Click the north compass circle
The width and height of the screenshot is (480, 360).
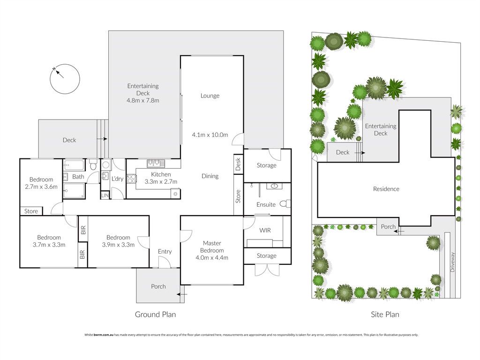[65, 64]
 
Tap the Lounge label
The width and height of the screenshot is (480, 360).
[210, 96]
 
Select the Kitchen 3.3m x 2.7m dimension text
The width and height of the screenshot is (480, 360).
[161, 181]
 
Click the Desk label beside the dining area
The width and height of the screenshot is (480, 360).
[238, 164]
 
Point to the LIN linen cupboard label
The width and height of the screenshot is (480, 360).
[105, 195]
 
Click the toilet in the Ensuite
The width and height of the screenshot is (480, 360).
[285, 203]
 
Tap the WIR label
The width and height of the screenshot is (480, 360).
[265, 230]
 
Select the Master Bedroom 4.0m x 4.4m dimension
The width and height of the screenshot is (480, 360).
[212, 258]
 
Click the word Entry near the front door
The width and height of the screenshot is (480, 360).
[165, 252]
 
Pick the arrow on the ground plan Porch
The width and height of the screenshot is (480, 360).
[182, 294]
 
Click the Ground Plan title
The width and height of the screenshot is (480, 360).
[156, 315]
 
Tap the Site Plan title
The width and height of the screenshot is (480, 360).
[385, 315]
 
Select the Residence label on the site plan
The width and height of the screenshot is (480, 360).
[386, 189]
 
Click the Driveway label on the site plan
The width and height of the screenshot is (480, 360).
[453, 262]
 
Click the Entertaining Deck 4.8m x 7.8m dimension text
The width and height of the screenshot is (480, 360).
[143, 100]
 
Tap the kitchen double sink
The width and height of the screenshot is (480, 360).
[156, 164]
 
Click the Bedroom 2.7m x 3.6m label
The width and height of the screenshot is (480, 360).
[41, 183]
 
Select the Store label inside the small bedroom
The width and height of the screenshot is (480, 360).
[31, 211]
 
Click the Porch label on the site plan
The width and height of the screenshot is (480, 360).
[388, 227]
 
